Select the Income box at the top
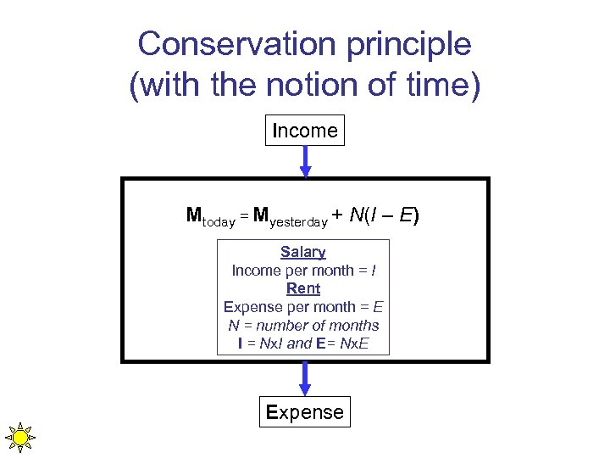tap(305, 131)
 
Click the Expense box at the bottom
tap(305, 412)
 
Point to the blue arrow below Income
tap(306, 160)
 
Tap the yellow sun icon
tap(19, 438)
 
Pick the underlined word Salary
tap(303, 252)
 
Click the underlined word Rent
tap(303, 288)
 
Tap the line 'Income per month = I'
tap(303, 271)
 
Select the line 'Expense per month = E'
tap(303, 307)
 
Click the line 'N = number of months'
tap(303, 326)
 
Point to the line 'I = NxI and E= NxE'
tap(303, 344)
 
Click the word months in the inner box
tap(355, 326)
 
